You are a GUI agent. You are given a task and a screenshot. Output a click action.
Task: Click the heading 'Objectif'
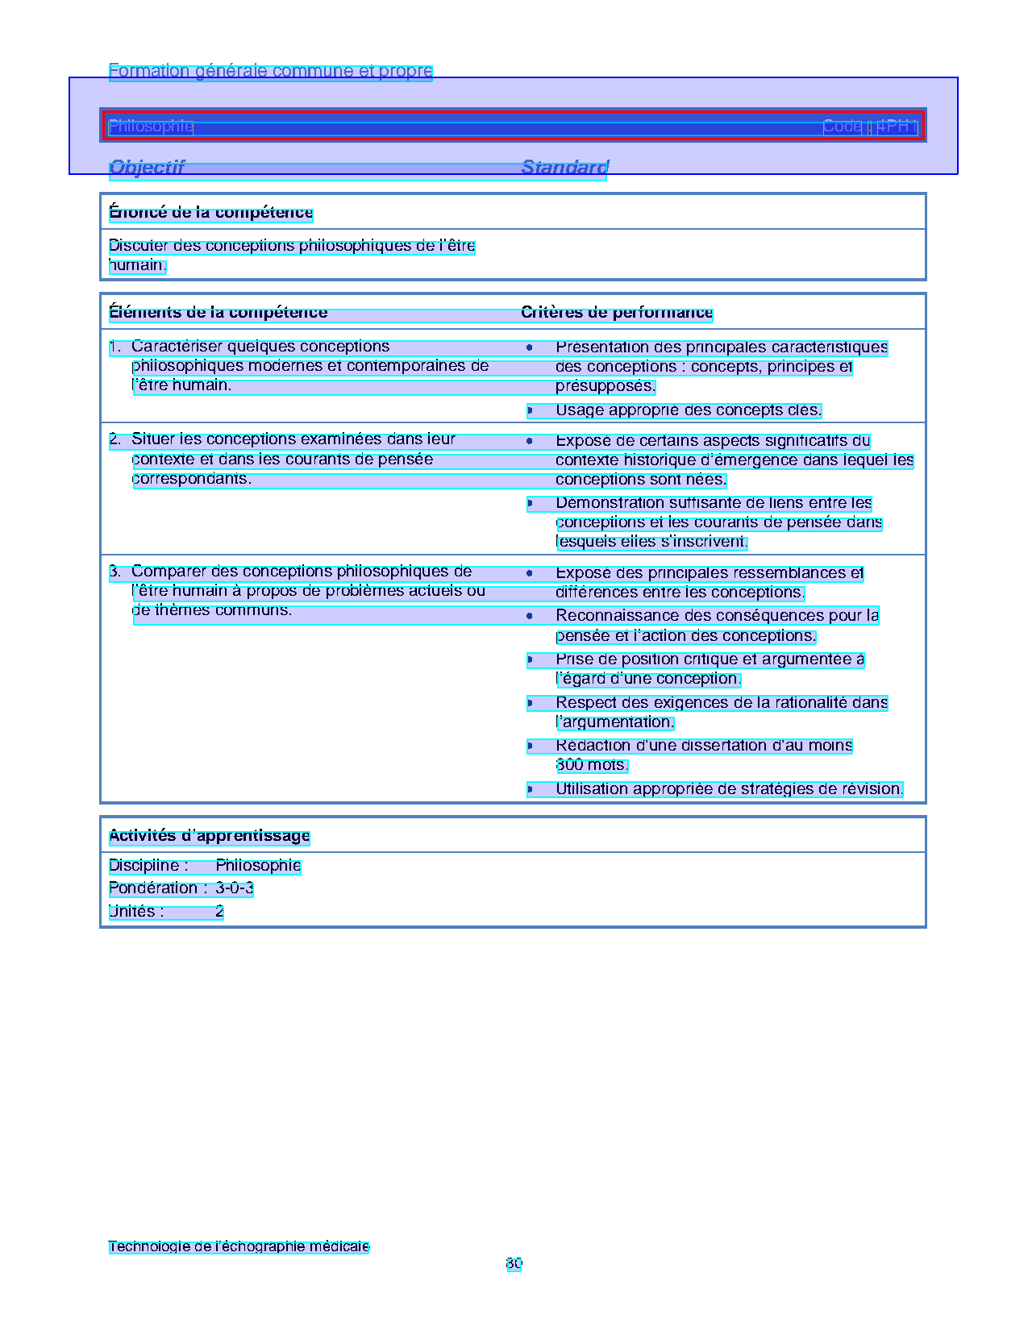point(147,168)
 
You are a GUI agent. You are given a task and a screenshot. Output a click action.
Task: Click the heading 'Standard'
point(564,168)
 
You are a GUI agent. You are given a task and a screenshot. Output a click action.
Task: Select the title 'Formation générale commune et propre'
point(270,71)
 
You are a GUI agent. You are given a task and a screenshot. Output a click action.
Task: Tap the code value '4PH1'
point(897,127)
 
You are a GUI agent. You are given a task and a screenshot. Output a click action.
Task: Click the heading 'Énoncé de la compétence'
point(210,213)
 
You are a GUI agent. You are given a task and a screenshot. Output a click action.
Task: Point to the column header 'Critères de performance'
point(617,313)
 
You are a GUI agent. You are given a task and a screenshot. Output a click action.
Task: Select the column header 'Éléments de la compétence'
point(218,313)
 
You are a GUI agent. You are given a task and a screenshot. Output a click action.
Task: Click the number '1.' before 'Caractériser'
point(115,347)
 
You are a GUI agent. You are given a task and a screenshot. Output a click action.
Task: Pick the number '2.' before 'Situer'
point(115,440)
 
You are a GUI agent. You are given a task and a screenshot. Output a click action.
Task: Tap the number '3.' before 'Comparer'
point(115,572)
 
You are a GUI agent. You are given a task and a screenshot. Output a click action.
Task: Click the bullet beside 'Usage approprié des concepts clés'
point(530,411)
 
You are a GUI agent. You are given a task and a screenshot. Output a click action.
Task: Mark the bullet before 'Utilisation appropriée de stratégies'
point(530,789)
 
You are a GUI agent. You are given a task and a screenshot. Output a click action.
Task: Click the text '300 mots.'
point(591,765)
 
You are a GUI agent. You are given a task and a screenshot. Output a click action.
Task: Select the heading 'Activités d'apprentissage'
point(209,836)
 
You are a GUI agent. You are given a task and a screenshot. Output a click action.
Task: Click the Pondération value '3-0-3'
point(235,888)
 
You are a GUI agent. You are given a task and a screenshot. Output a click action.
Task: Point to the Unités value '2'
point(219,912)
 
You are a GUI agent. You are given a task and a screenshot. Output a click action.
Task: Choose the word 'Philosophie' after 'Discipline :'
point(258,866)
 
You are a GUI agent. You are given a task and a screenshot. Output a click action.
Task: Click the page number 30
point(514,1264)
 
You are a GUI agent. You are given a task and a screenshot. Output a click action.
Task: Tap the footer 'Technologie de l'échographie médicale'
point(239,1247)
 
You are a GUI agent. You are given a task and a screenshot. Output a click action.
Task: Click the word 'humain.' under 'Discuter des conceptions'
point(137,266)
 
